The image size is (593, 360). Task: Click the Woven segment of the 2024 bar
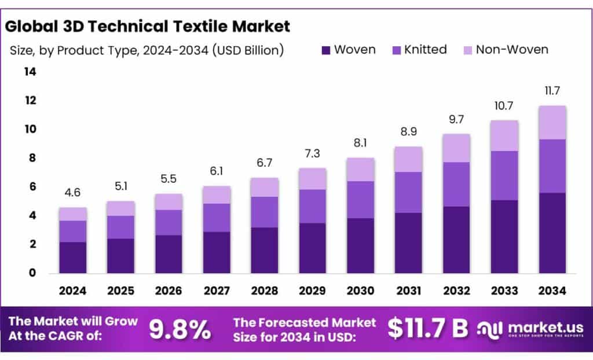tap(72, 258)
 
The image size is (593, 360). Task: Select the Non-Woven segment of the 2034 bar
tap(552, 123)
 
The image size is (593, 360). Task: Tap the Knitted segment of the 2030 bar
tap(360, 200)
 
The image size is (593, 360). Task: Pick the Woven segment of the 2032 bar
tap(456, 240)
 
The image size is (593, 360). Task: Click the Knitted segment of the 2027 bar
tap(217, 218)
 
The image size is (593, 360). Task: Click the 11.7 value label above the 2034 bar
tap(552, 91)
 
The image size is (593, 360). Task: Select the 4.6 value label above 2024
tap(72, 193)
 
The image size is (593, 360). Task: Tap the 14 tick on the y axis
tap(30, 72)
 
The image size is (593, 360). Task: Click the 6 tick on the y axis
tap(32, 186)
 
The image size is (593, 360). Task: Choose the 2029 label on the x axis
tap(312, 291)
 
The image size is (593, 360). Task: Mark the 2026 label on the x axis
tap(169, 291)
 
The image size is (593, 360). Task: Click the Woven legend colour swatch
tap(325, 50)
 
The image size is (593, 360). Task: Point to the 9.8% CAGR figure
tap(180, 329)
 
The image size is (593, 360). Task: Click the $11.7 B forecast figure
tap(427, 328)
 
